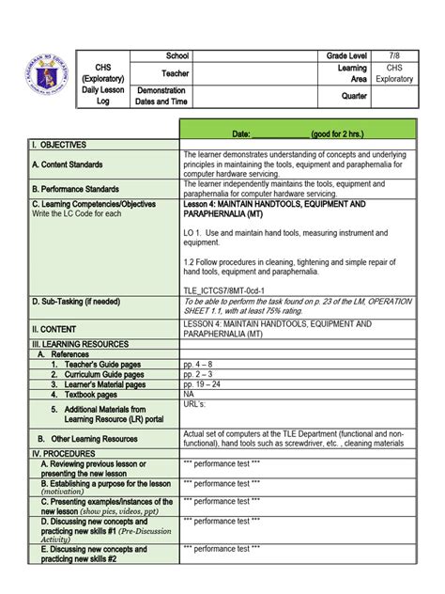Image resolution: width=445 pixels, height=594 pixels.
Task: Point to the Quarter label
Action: pos(354,96)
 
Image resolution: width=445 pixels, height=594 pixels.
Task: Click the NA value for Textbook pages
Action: pos(190,395)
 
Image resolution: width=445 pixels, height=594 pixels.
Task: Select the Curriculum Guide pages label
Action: pos(98,374)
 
